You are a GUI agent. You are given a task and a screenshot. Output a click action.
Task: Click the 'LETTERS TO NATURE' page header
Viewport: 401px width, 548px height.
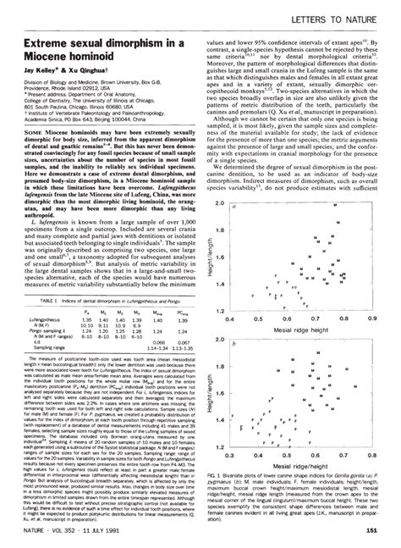point(343,18)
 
